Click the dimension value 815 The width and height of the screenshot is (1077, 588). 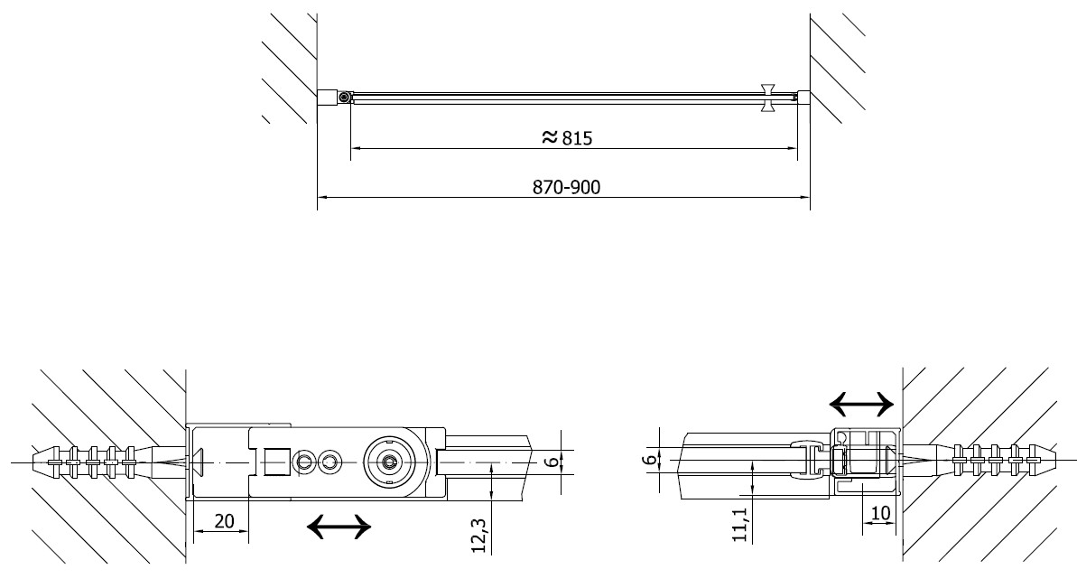[577, 139]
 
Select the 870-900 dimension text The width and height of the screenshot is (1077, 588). [567, 188]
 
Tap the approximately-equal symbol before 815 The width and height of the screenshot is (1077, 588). [550, 136]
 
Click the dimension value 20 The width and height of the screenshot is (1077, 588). [224, 521]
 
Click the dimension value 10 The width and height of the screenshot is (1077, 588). [880, 513]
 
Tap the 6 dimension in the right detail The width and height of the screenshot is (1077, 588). [651, 459]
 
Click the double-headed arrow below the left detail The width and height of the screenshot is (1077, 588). [339, 527]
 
